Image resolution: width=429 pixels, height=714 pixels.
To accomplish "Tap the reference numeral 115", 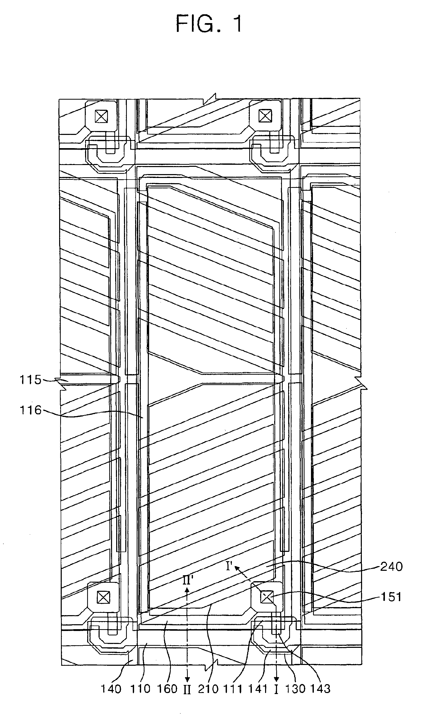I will pos(30,380).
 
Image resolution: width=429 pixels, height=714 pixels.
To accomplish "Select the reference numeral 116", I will pos(30,410).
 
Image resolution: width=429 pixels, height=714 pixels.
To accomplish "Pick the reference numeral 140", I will pos(111,689).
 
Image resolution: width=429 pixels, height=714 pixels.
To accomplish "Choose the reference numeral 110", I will pos(140,689).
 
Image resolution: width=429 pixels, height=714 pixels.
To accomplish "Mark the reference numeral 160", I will pos(167,689).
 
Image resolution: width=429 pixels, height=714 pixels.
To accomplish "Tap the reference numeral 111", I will pos(233,689).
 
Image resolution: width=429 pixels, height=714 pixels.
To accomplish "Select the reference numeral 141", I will pos(258,689).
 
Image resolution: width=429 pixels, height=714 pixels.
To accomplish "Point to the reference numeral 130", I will pos(295,689).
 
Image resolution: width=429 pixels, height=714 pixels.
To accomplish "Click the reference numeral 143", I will pos(320,689).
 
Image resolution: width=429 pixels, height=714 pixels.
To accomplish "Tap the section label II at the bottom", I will pos(187,689).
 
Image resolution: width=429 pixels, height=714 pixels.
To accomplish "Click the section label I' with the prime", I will pos(230,566).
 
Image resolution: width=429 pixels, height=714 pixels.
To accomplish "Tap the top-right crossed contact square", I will pos(265,116).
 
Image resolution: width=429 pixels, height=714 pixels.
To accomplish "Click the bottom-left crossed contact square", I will pos(103,598).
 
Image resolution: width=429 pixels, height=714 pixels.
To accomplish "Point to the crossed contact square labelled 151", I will pos(267,597).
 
